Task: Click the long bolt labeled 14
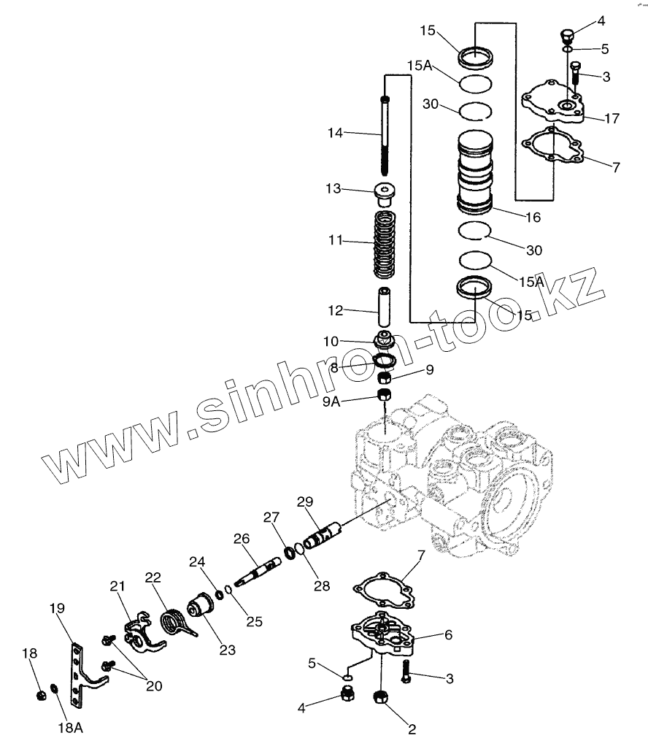(x=385, y=135)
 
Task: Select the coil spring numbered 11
(x=385, y=245)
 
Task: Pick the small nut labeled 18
(x=42, y=694)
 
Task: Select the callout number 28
(x=321, y=585)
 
